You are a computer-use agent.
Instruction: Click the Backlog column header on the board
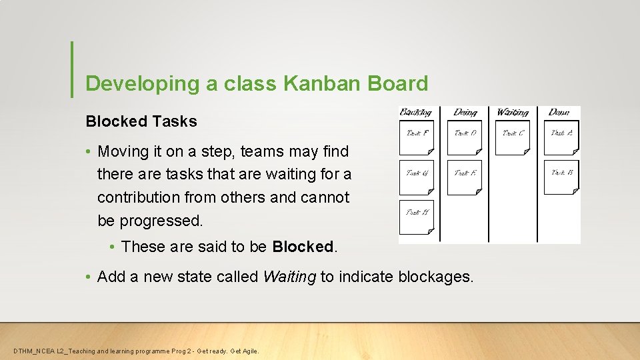pos(416,112)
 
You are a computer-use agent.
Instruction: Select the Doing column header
pos(465,112)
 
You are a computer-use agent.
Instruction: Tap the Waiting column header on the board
pos(513,112)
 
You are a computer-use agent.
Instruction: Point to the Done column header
pos(559,112)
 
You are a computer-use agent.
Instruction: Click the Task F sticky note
pos(417,137)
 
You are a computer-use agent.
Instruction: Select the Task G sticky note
pos(417,177)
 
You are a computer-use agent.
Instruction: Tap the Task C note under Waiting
pos(513,137)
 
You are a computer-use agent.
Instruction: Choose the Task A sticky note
pos(561,137)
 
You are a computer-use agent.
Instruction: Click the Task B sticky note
pos(561,177)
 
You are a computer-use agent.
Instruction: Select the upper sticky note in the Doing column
pos(465,137)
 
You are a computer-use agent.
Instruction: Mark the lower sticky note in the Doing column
pos(465,177)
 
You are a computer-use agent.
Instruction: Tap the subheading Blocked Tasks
pos(141,121)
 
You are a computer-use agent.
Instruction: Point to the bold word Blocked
pos(303,246)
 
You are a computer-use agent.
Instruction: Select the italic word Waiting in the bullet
pos(289,276)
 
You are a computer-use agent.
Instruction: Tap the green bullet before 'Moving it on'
pos(89,152)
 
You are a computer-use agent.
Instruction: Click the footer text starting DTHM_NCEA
pos(136,351)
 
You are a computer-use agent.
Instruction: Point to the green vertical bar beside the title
pos(72,69)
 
